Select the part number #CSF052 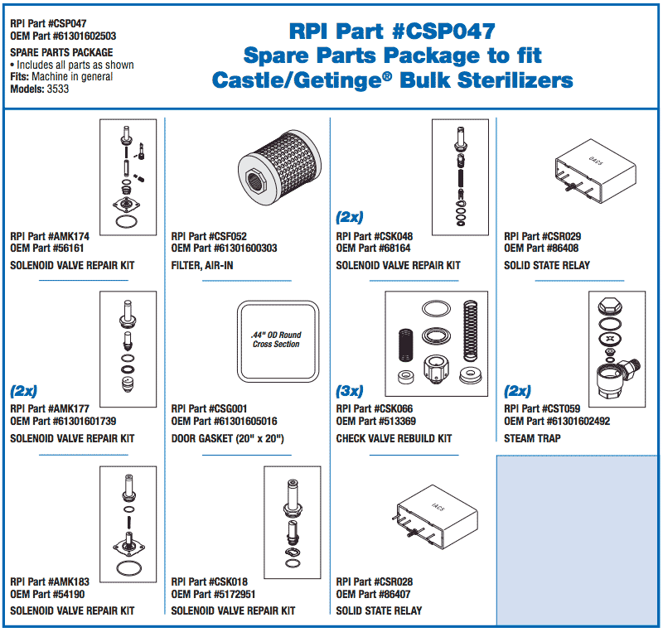pyautogui.click(x=210, y=236)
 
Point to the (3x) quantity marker pyautogui.click(x=350, y=391)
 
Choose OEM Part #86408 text pyautogui.click(x=541, y=248)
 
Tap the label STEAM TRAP pyautogui.click(x=532, y=438)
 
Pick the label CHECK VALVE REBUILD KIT pyautogui.click(x=394, y=438)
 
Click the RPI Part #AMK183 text pyautogui.click(x=47, y=581)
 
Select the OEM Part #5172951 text pyautogui.click(x=213, y=594)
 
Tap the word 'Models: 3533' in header pyautogui.click(x=39, y=89)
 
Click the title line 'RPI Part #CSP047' pyautogui.click(x=392, y=31)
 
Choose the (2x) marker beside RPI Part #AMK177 pyautogui.click(x=23, y=391)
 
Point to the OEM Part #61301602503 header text pyautogui.click(x=63, y=36)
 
